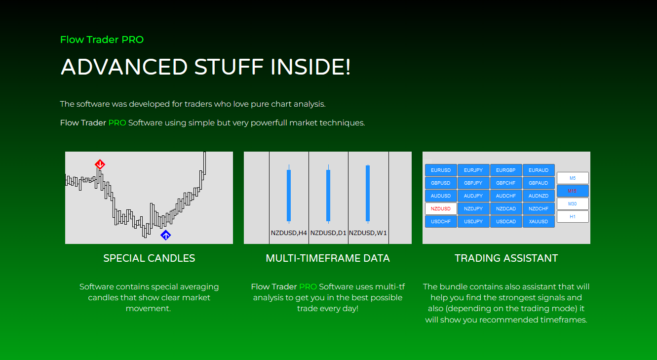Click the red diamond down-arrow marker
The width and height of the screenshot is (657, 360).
click(x=100, y=164)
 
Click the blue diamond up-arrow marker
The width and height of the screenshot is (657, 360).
click(x=166, y=235)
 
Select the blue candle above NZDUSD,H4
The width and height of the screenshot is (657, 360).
click(x=289, y=195)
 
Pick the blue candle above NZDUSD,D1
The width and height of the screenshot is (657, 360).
click(x=328, y=195)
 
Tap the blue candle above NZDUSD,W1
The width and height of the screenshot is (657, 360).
click(x=368, y=193)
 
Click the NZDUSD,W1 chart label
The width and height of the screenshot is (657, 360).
click(x=368, y=233)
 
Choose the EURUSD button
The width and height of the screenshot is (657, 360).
click(x=441, y=170)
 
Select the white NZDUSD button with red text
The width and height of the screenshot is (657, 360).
click(x=441, y=209)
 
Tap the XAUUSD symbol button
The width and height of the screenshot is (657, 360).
click(x=539, y=222)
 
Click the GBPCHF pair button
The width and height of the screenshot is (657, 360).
click(x=506, y=183)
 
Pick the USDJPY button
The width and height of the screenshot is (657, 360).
click(x=473, y=222)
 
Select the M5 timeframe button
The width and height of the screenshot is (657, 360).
click(x=573, y=178)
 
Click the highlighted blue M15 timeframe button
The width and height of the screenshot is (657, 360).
click(x=573, y=191)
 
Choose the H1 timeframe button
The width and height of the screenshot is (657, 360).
click(x=573, y=217)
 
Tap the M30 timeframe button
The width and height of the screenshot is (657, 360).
click(x=573, y=204)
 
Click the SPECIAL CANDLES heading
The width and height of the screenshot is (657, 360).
click(x=149, y=258)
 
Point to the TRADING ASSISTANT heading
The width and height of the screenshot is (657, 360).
click(x=506, y=258)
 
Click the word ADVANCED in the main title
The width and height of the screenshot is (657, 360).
click(x=124, y=67)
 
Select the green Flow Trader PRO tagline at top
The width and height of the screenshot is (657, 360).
click(x=102, y=40)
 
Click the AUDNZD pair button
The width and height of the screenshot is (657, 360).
click(x=539, y=196)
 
